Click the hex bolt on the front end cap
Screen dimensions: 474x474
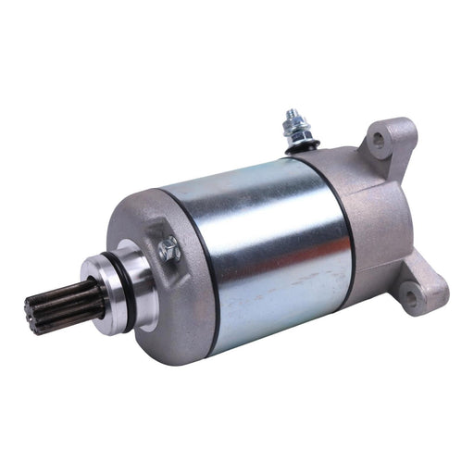point(168,249)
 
